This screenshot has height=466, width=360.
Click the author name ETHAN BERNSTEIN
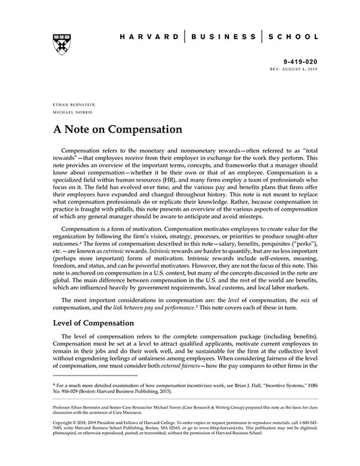click(73, 105)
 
